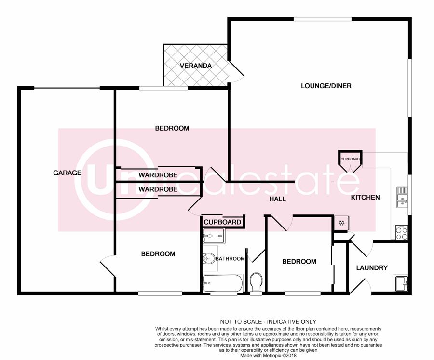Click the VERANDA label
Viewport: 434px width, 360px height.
click(196, 66)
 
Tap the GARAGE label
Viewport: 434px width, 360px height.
click(67, 173)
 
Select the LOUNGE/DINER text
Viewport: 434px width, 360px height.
click(326, 86)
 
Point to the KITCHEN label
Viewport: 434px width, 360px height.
click(366, 197)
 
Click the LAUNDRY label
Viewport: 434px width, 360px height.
click(372, 268)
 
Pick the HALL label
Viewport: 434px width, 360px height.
click(278, 199)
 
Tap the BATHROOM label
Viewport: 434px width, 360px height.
click(230, 259)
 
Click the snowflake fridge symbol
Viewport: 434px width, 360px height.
click(341, 223)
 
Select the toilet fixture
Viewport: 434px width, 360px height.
click(256, 282)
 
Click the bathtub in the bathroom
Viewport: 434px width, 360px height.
click(223, 283)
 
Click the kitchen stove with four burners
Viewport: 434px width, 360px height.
click(402, 233)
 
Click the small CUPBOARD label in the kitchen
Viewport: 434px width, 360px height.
click(350, 159)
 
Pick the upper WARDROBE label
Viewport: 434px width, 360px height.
click(158, 175)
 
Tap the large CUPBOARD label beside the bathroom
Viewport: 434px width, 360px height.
click(222, 222)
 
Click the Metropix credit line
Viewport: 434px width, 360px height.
click(268, 355)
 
